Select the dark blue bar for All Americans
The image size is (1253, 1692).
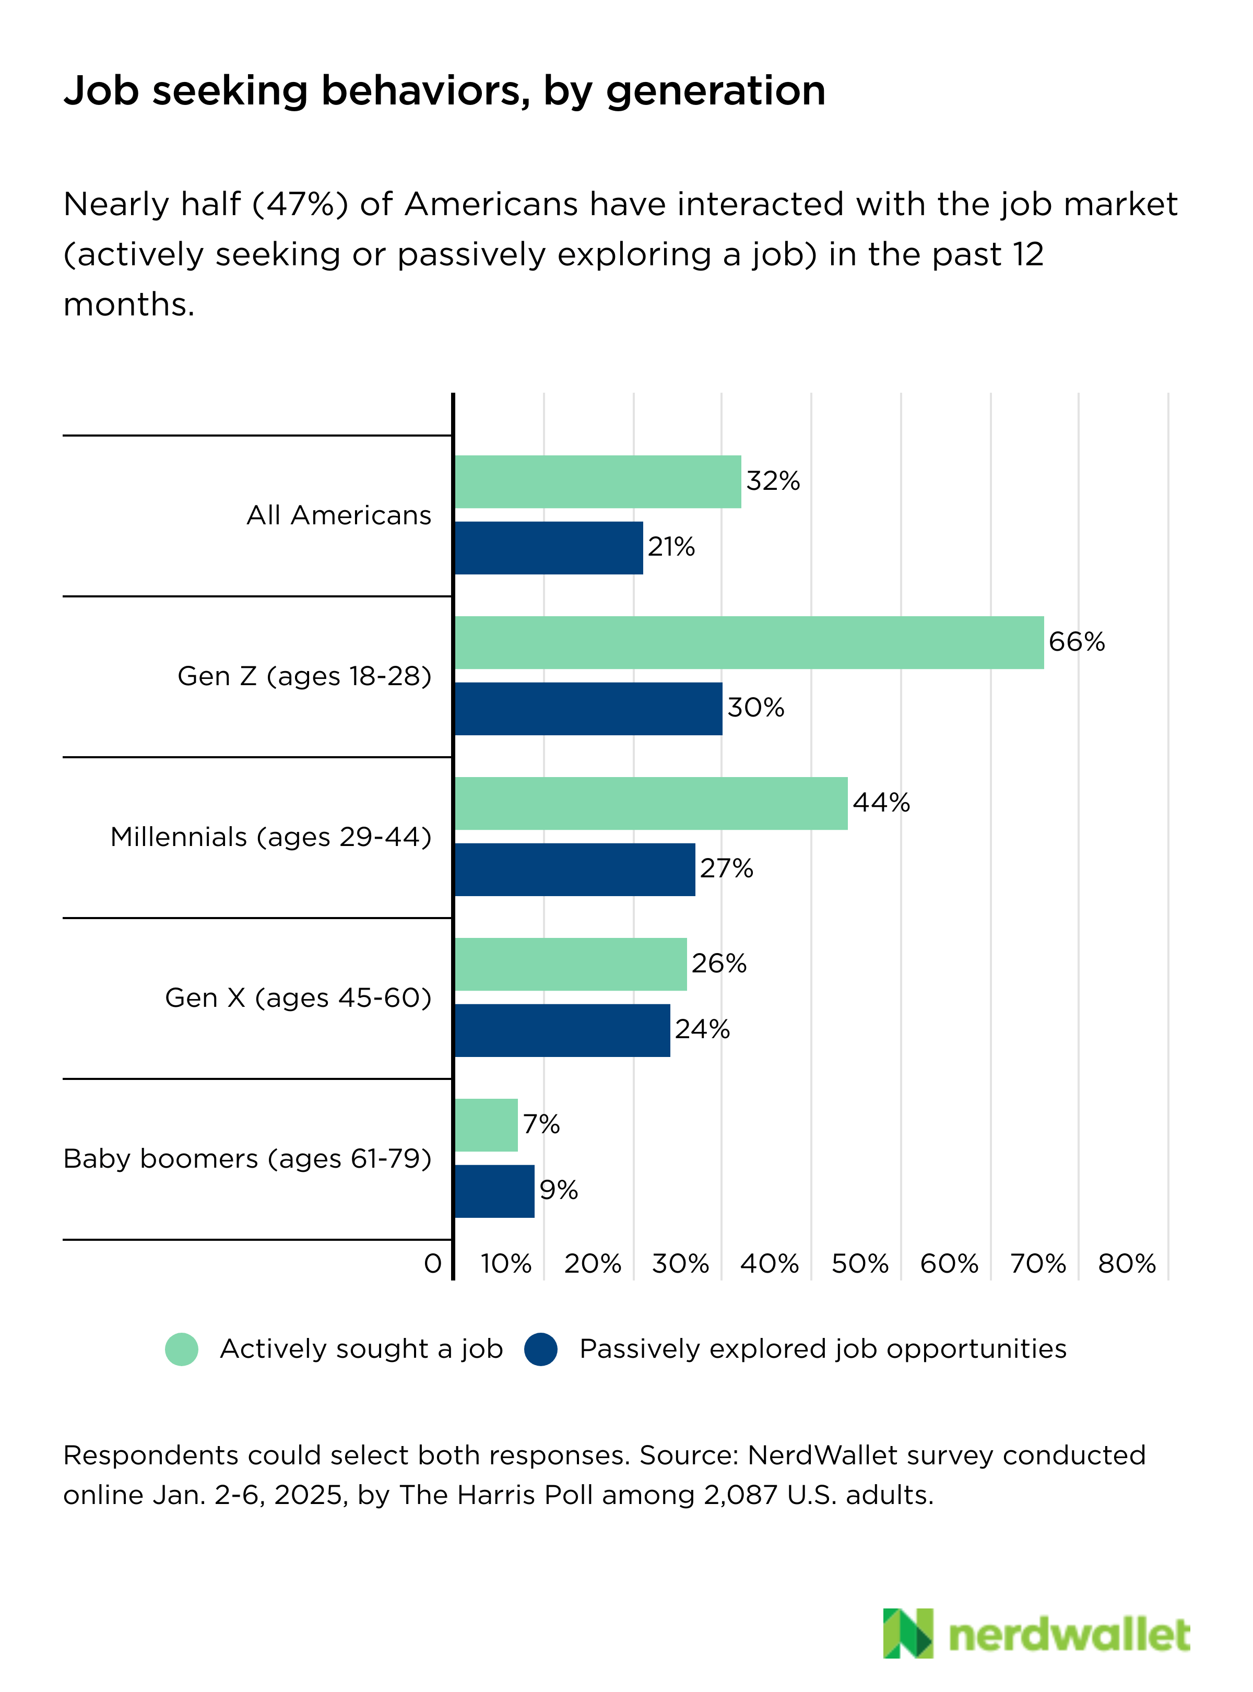click(548, 547)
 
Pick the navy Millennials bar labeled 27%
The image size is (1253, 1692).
click(575, 869)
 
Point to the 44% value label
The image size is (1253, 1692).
click(881, 803)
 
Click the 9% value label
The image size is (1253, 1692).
click(558, 1190)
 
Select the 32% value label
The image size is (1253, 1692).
click(773, 481)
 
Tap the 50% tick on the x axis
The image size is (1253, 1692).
click(859, 1263)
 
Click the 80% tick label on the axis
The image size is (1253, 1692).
click(1126, 1263)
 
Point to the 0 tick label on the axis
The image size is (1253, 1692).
click(432, 1263)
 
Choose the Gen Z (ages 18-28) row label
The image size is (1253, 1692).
click(304, 676)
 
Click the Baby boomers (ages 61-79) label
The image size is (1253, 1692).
click(247, 1159)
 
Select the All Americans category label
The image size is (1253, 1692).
click(338, 515)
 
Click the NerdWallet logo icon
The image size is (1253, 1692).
click(907, 1633)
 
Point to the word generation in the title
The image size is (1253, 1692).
click(715, 91)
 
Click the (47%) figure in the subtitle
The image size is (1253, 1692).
click(300, 205)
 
